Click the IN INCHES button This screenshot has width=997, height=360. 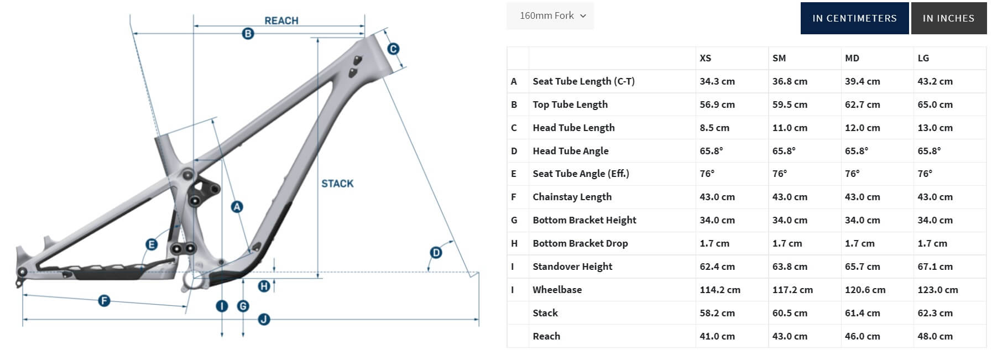[948, 18]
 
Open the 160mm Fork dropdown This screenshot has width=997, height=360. [550, 16]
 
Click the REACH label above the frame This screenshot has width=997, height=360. [281, 20]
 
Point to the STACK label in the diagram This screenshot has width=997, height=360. [337, 184]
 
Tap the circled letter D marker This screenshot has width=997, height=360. [436, 253]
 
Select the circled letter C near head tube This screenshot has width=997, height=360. [393, 49]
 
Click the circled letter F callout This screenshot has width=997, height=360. [104, 301]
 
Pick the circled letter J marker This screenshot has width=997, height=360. [264, 319]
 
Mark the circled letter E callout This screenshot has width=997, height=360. [151, 244]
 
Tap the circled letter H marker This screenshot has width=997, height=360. [264, 286]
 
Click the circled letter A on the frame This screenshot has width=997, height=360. [237, 207]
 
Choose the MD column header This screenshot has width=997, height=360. [852, 58]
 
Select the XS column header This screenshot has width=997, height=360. [706, 58]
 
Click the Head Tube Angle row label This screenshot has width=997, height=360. [571, 151]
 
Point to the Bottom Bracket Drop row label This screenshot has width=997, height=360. [580, 243]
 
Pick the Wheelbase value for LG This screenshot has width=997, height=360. [938, 290]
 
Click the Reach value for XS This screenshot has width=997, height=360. [717, 336]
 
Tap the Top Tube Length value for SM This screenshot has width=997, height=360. [790, 105]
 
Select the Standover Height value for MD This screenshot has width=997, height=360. [863, 267]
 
